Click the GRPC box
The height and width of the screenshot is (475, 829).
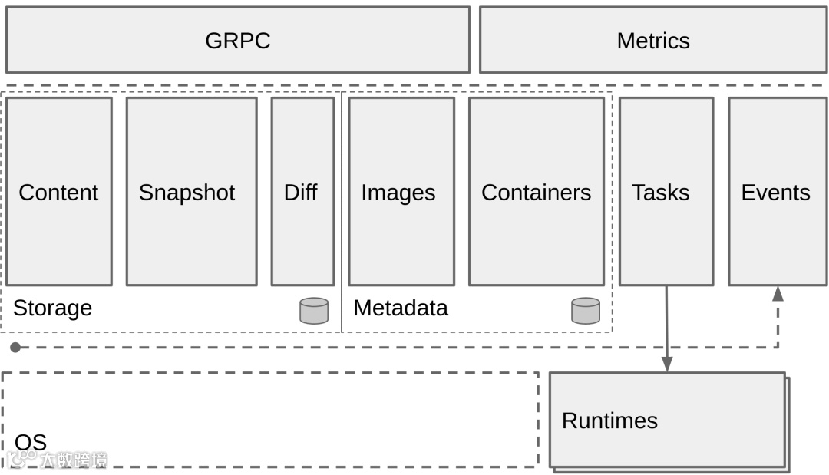(x=238, y=40)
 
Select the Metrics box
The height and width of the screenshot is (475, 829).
(x=653, y=40)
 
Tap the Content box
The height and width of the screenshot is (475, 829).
(x=58, y=192)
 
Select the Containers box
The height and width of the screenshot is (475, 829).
(x=536, y=192)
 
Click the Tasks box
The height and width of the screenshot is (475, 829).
(x=666, y=192)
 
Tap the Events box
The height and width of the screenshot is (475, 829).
(x=777, y=192)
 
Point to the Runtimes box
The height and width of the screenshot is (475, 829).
(x=667, y=420)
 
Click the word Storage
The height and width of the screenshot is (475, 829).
(x=52, y=308)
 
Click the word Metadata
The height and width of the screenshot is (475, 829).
(x=400, y=308)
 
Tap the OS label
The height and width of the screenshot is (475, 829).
(x=31, y=442)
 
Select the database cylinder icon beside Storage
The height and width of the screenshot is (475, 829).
(x=314, y=311)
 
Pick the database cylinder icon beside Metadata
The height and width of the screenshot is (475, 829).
(x=586, y=311)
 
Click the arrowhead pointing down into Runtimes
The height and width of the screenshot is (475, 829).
(x=666, y=364)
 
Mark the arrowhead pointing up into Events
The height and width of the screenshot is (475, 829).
(x=778, y=293)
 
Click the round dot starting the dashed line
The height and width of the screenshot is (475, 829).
(x=15, y=348)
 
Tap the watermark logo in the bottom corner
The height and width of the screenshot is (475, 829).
(x=58, y=460)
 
